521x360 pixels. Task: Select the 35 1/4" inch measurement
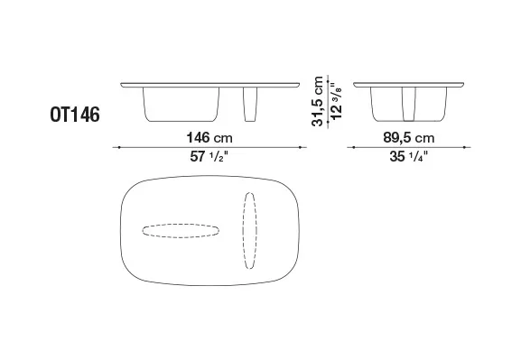pyautogui.click(x=407, y=155)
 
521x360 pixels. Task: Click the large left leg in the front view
pyautogui.click(x=191, y=106)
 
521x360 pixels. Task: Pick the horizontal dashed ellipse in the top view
pyautogui.click(x=180, y=229)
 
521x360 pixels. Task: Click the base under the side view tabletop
pyautogui.click(x=408, y=106)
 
